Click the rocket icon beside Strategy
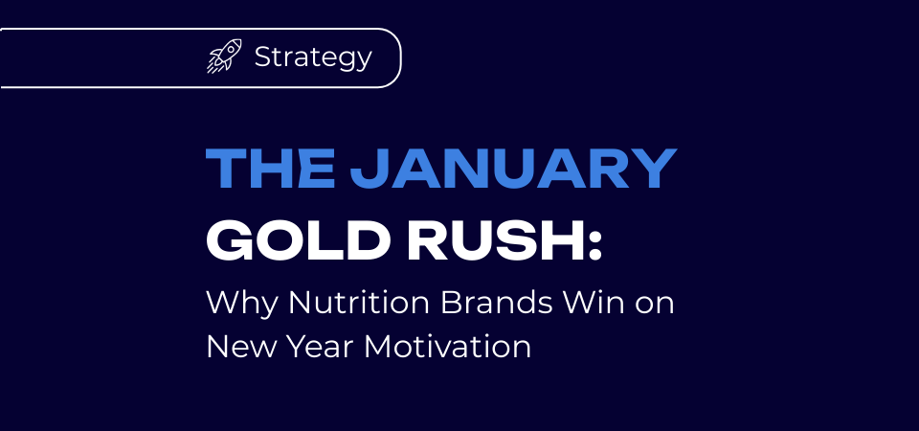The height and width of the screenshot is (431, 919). click(224, 57)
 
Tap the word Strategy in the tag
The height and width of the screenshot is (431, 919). click(313, 58)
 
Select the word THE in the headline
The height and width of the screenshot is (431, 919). click(270, 169)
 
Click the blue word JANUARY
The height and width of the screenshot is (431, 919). click(513, 169)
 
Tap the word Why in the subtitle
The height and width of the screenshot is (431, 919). click(241, 305)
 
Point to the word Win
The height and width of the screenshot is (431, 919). click(595, 303)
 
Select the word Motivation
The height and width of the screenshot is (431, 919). click(448, 347)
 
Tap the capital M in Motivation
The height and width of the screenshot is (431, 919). click(377, 347)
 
